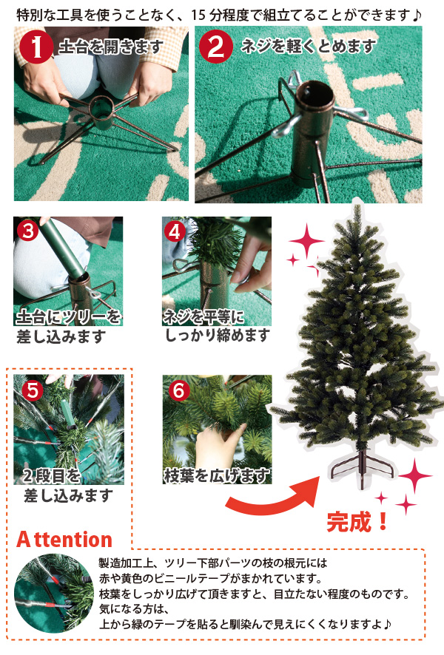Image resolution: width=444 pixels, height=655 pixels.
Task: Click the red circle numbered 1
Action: [x=37, y=47]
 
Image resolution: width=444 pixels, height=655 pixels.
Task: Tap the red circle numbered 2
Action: [x=216, y=47]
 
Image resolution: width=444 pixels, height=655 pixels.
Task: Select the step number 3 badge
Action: [x=28, y=230]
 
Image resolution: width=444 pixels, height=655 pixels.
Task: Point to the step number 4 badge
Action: [x=175, y=231]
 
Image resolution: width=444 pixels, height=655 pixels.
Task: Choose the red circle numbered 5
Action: [x=33, y=390]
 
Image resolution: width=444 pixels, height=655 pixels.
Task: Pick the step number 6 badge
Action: [x=179, y=390]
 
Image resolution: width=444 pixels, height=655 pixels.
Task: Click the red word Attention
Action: [x=64, y=539]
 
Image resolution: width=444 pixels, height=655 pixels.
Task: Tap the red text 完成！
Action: [x=358, y=522]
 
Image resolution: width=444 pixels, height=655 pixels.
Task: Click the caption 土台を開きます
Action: [x=110, y=47]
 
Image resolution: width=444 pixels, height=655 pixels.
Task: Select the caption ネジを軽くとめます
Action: [x=308, y=46]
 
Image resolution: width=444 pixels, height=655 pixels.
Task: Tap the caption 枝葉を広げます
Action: [x=217, y=475]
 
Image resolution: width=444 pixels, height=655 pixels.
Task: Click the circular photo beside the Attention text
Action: [x=54, y=594]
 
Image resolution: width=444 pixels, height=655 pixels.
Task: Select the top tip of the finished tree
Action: [x=357, y=205]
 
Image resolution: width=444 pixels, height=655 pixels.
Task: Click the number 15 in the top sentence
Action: [x=198, y=16]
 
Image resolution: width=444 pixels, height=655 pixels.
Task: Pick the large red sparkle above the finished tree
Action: [x=306, y=241]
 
